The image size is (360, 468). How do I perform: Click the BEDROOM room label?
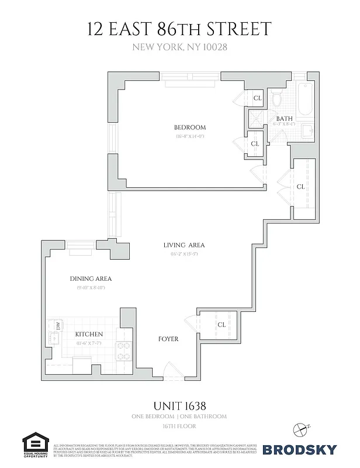tap(189, 128)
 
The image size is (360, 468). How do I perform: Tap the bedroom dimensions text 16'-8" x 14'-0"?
tap(189, 136)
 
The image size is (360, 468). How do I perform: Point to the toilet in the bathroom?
tap(278, 100)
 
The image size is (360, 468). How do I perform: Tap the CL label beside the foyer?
tap(221, 324)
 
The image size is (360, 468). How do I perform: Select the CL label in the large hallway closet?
tap(300, 187)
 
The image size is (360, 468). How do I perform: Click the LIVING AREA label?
tap(184, 245)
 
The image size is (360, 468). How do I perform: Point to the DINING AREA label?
tap(91, 279)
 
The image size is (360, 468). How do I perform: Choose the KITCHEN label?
tap(89, 334)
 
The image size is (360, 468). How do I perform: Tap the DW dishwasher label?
tap(58, 325)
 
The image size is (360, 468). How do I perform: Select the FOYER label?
tap(168, 339)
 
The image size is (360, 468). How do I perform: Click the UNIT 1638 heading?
tap(179, 405)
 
